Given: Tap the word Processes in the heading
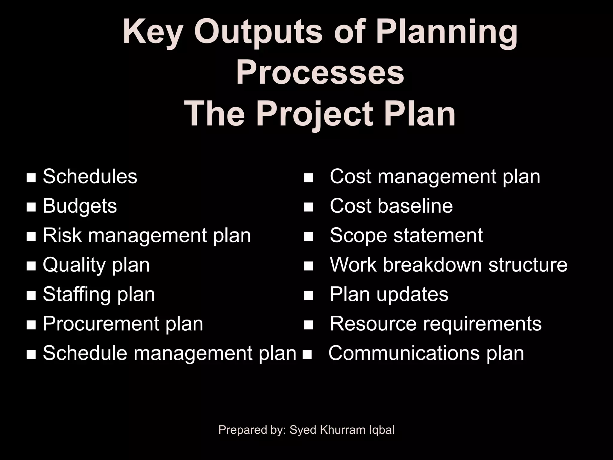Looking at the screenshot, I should pyautogui.click(x=320, y=73).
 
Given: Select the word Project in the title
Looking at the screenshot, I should pyautogui.click(x=315, y=114).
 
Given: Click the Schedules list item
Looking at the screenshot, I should pyautogui.click(x=90, y=176).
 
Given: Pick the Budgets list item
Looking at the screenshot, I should pyautogui.click(x=80, y=206).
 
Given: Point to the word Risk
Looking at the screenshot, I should pyautogui.click(x=62, y=235).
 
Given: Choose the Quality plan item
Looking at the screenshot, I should pyautogui.click(x=96, y=265).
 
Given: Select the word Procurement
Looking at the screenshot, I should pyautogui.click(x=101, y=324).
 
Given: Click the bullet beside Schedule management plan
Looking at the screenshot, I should pyautogui.click(x=31, y=355).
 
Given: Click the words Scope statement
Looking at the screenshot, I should pyautogui.click(x=406, y=235).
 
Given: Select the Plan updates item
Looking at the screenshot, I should pyautogui.click(x=389, y=294).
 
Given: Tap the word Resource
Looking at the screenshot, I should pyautogui.click(x=373, y=324).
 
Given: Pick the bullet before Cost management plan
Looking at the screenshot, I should pyautogui.click(x=308, y=178).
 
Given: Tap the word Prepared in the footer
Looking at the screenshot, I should pyautogui.click(x=238, y=430).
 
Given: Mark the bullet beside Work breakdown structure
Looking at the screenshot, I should pyautogui.click(x=308, y=266).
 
